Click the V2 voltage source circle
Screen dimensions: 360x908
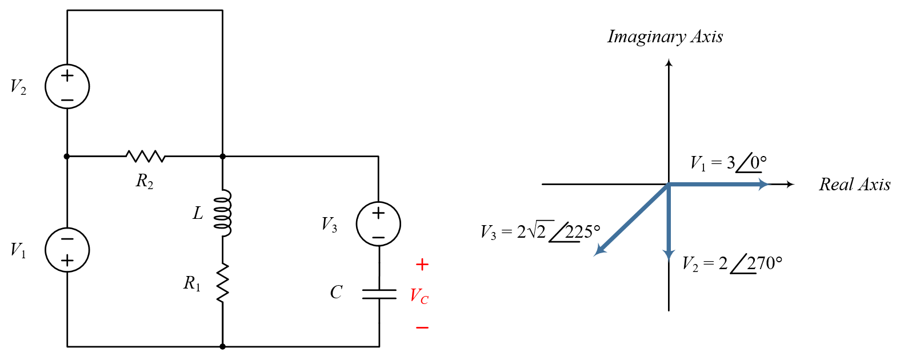pyautogui.click(x=67, y=86)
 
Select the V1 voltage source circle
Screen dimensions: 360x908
pyautogui.click(x=67, y=250)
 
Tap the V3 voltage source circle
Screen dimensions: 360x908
pyautogui.click(x=378, y=224)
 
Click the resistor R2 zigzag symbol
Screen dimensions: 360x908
pyautogui.click(x=146, y=156)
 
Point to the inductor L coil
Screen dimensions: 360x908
pyautogui.click(x=223, y=213)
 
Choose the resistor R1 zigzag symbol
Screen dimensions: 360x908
pyautogui.click(x=223, y=282)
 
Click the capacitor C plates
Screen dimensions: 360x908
pyautogui.click(x=379, y=294)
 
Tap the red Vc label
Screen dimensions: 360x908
pyautogui.click(x=419, y=296)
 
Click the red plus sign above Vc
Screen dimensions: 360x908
pyautogui.click(x=422, y=265)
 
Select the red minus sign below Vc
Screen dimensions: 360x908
pyautogui.click(x=422, y=328)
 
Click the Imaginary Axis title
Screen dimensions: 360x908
pyautogui.click(x=665, y=37)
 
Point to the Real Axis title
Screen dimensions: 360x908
pyautogui.click(x=854, y=185)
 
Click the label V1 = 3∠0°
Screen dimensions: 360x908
pyautogui.click(x=729, y=163)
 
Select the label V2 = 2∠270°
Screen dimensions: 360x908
pyautogui.click(x=732, y=263)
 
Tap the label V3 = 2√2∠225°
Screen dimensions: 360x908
pyautogui.click(x=541, y=231)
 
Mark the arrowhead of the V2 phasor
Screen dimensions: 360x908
pyautogui.click(x=669, y=255)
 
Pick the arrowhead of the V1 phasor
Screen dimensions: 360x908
pyautogui.click(x=765, y=185)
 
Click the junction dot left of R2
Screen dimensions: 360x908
pyautogui.click(x=67, y=156)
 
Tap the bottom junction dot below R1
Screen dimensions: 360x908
pyautogui.click(x=223, y=346)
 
